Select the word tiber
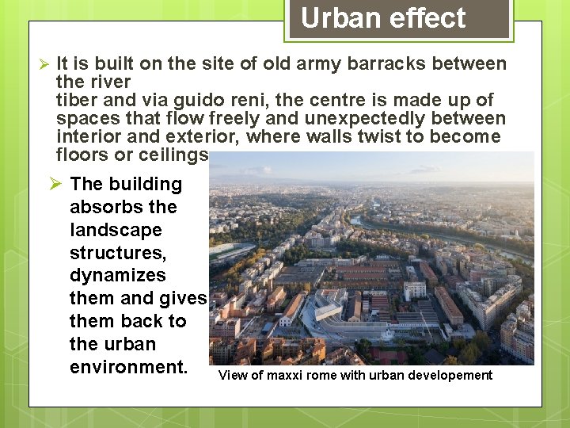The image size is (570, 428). (76, 100)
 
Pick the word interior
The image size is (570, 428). (86, 136)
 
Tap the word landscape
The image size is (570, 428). (116, 230)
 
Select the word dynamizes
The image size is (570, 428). (118, 275)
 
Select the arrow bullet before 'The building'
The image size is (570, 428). (55, 184)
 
